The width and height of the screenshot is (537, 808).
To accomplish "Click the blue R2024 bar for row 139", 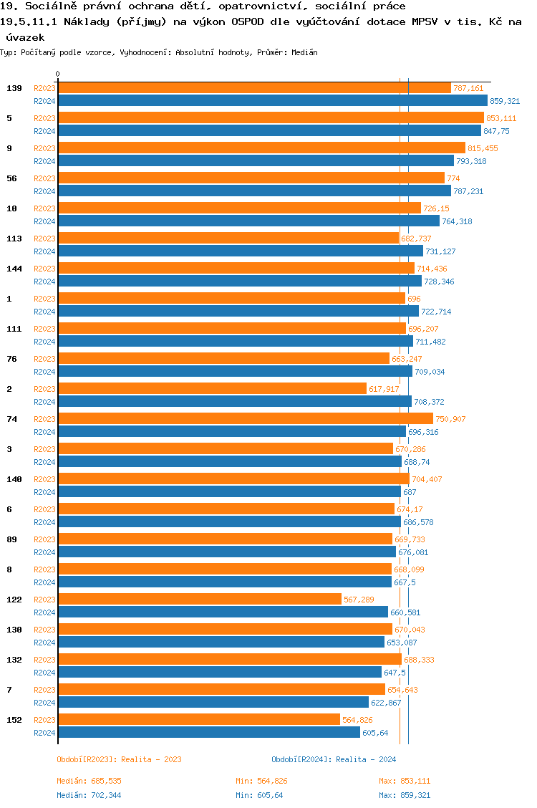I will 272,101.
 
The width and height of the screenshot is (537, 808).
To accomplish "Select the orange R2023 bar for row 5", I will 271,117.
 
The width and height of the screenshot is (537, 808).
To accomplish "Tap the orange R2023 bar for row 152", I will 198,719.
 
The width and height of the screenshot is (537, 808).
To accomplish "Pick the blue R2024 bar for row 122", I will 223,612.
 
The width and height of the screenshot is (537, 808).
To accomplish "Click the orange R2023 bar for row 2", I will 212,388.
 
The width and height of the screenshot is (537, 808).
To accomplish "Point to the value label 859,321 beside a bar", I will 504,101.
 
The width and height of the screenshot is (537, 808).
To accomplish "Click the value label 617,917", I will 384,389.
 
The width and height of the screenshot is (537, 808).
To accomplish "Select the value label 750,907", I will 450,419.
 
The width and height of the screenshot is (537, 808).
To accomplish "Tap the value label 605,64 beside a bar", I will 375,733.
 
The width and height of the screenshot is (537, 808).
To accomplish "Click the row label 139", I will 14,88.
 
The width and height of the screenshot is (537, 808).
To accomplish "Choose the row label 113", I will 14,239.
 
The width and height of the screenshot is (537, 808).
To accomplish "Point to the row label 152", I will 14,720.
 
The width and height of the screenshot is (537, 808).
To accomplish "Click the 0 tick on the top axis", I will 58,74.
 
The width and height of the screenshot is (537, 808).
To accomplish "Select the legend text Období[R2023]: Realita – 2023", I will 118,759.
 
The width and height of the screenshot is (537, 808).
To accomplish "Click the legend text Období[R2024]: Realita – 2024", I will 334,759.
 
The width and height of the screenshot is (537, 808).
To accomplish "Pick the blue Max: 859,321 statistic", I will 405,795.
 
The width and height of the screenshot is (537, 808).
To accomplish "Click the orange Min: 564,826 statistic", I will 261,781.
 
